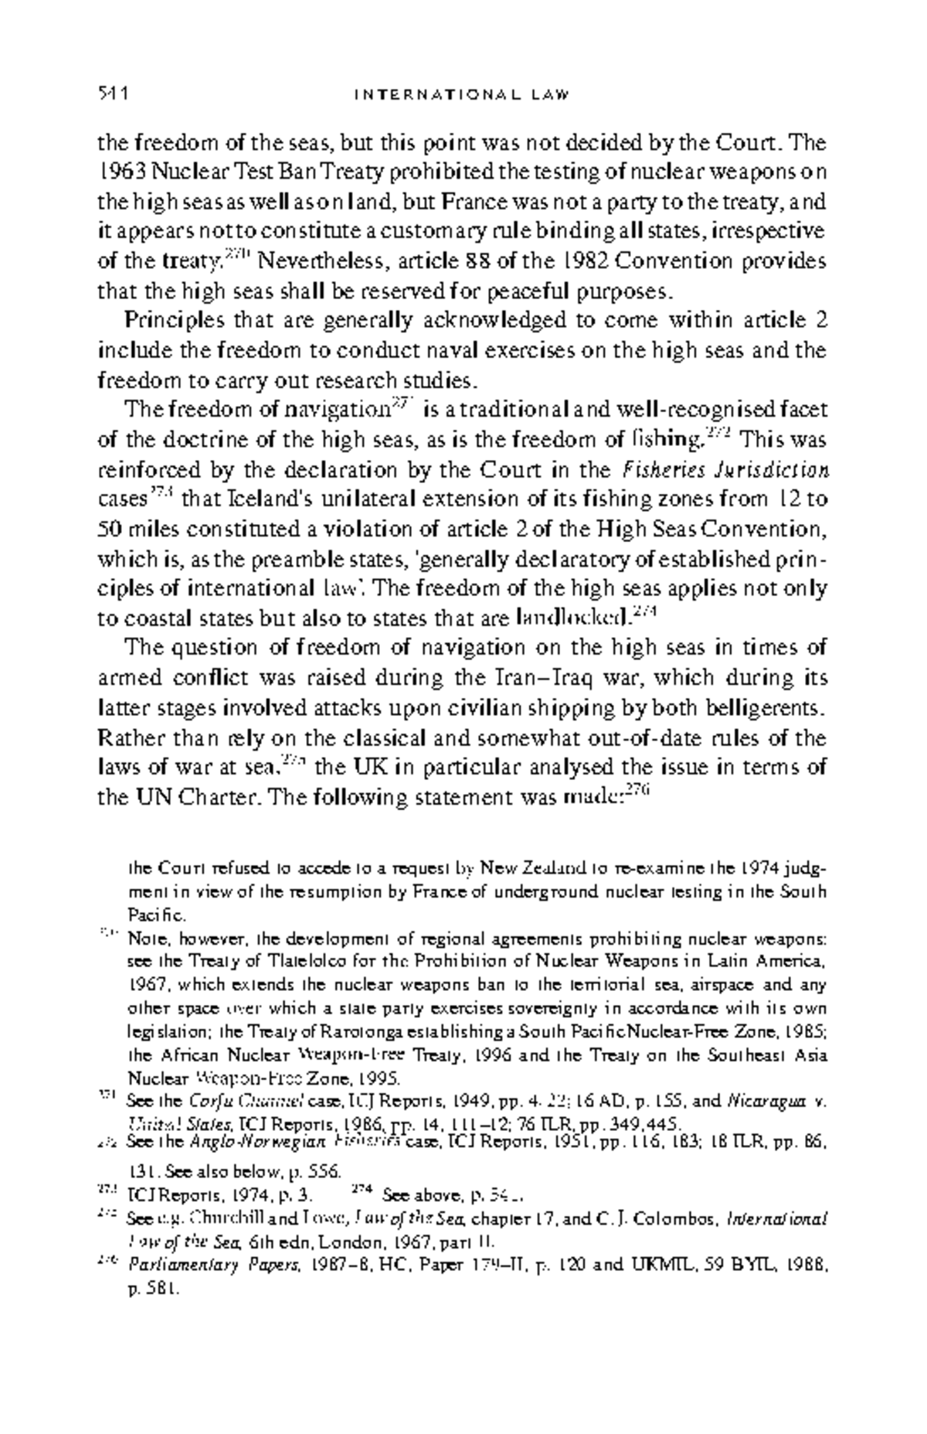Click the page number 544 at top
[112, 96]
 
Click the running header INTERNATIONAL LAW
[461, 96]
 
